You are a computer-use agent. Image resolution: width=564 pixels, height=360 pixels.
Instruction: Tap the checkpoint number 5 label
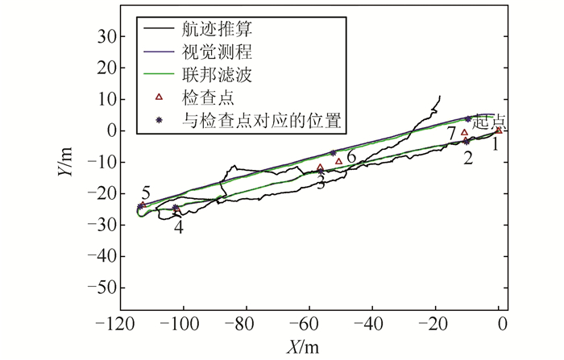tap(146, 193)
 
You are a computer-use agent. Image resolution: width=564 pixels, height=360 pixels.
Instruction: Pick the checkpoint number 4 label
tap(179, 227)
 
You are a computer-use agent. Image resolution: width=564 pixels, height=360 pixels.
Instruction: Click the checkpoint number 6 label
tap(351, 155)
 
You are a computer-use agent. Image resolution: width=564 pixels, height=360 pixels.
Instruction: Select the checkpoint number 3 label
tap(321, 183)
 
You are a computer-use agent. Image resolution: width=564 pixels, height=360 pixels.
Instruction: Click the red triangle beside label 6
tap(339, 161)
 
